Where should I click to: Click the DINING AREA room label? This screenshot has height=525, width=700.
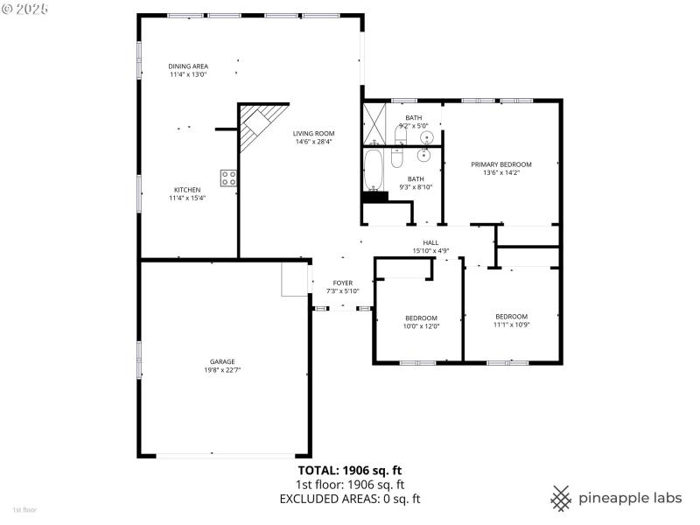(x=188, y=66)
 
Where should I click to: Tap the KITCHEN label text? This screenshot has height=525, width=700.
(x=187, y=190)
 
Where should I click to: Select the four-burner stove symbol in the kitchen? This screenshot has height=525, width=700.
(x=228, y=178)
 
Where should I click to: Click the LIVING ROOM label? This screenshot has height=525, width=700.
(x=313, y=133)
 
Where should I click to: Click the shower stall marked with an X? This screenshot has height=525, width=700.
(x=374, y=122)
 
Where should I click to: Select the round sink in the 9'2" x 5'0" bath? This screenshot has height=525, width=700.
(x=427, y=137)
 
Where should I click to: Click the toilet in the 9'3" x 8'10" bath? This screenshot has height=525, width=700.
(x=396, y=157)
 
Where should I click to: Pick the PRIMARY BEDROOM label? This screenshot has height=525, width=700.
(x=500, y=164)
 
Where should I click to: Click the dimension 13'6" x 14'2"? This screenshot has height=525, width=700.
(x=500, y=172)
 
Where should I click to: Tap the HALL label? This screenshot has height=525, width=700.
(x=430, y=242)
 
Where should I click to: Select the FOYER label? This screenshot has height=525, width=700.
(x=342, y=283)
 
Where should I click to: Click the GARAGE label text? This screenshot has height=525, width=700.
(x=221, y=361)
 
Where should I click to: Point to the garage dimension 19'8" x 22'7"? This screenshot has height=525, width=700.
(x=221, y=370)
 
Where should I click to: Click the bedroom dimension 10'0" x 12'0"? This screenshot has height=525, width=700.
(x=421, y=325)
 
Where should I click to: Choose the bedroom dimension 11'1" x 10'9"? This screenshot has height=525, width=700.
(x=511, y=325)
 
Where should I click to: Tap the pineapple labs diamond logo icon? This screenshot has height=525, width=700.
(x=561, y=498)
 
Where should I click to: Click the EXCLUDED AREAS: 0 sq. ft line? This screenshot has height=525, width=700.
(x=350, y=499)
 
